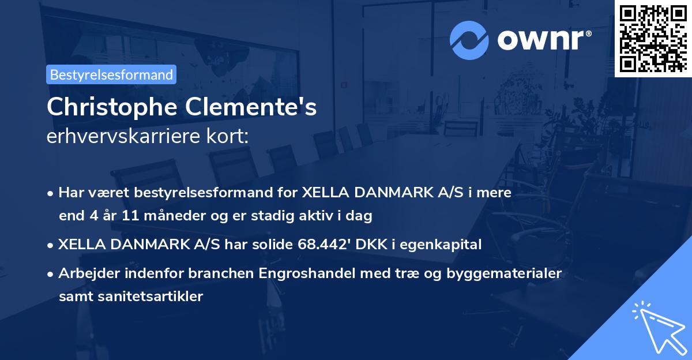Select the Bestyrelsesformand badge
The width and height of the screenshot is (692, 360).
pyautogui.click(x=111, y=74)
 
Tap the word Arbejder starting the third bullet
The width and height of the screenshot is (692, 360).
pyautogui.click(x=85, y=273)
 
